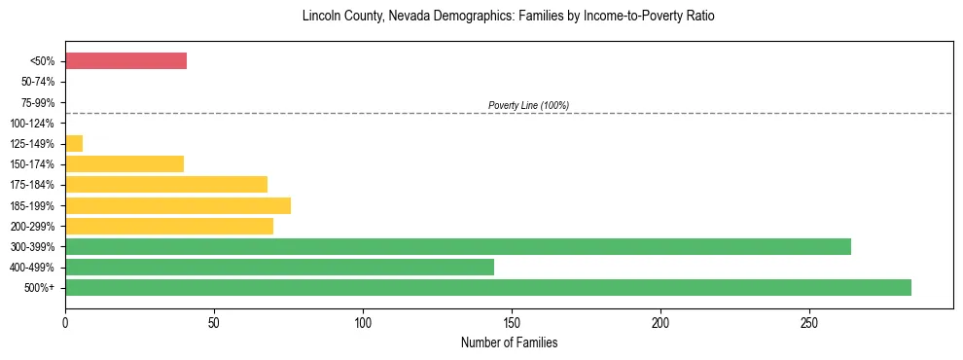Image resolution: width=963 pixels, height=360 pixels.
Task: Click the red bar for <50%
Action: point(125,61)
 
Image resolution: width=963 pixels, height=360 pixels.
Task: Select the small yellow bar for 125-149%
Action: point(74,144)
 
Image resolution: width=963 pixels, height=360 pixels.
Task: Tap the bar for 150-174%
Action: point(125,164)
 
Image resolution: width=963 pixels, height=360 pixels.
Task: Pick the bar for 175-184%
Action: point(166,185)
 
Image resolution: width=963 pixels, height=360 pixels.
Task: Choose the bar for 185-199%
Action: point(178,205)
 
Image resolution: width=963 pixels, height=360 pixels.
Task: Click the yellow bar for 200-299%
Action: point(169,226)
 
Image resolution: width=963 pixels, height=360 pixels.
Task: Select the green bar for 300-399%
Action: point(458,246)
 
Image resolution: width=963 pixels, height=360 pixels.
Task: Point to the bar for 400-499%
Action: point(279,267)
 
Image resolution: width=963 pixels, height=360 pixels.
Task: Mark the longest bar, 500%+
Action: point(488,287)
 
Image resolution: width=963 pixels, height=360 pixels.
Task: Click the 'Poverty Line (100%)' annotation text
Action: point(528,105)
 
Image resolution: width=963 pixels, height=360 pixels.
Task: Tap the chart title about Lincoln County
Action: point(509,17)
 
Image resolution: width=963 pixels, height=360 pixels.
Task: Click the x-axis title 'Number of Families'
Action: point(509,342)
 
